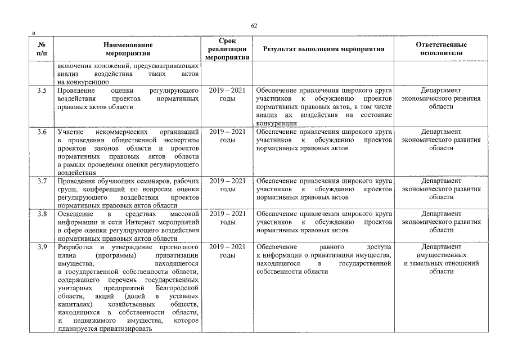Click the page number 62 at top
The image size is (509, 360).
[x=254, y=26]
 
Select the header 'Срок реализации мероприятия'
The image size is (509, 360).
[x=227, y=49]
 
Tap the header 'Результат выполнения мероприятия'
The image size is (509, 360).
[x=323, y=49]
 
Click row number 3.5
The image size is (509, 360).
[x=41, y=91]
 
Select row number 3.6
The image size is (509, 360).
[x=41, y=132]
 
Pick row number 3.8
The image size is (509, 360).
[x=41, y=214]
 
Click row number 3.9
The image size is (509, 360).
[x=41, y=247]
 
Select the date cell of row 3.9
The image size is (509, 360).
[x=227, y=251]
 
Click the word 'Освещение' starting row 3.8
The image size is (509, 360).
[x=74, y=214]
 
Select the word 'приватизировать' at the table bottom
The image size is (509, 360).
[x=125, y=328]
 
